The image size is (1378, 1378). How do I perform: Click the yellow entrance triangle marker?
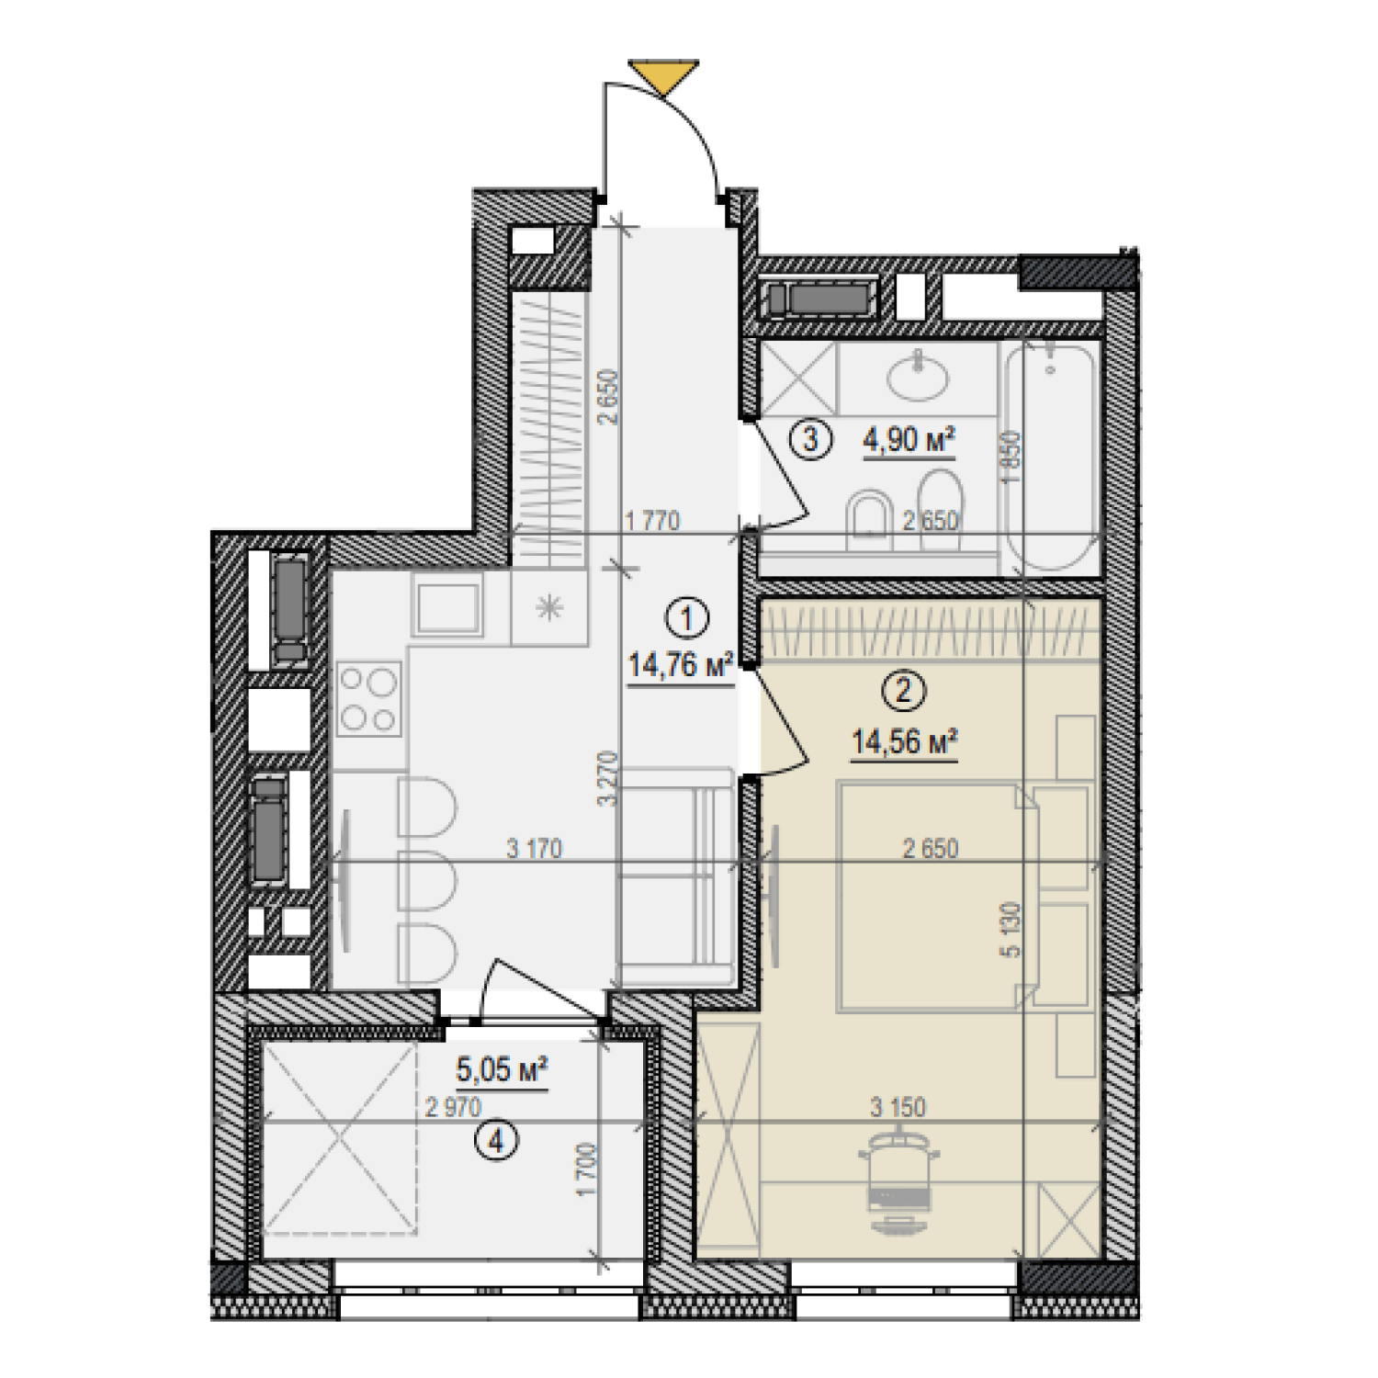(x=663, y=75)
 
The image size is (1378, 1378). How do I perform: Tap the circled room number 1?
(x=686, y=619)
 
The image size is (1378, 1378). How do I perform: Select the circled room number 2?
(x=903, y=690)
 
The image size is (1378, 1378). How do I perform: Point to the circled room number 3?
(x=810, y=439)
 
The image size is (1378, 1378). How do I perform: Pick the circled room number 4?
(x=497, y=1142)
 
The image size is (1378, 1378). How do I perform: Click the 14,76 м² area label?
(x=680, y=664)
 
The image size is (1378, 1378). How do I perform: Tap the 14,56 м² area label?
(x=904, y=741)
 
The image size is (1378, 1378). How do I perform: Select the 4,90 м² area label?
(x=908, y=440)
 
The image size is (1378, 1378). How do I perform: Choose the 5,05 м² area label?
(x=502, y=1069)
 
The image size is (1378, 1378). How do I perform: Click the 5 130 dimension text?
(x=1011, y=930)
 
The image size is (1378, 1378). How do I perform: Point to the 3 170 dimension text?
(x=534, y=849)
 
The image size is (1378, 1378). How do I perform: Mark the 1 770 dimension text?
(x=652, y=521)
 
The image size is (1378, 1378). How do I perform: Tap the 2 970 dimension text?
(x=453, y=1108)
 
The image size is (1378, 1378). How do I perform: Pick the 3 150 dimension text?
(x=898, y=1108)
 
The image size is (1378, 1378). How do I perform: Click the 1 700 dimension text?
(x=587, y=1169)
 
